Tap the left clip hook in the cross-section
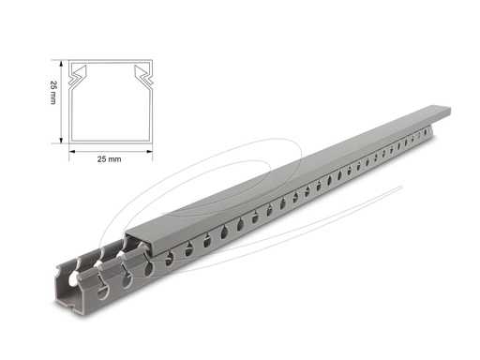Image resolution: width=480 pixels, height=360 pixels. click(x=83, y=72)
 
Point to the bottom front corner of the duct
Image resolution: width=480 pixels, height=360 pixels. click(x=84, y=309)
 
